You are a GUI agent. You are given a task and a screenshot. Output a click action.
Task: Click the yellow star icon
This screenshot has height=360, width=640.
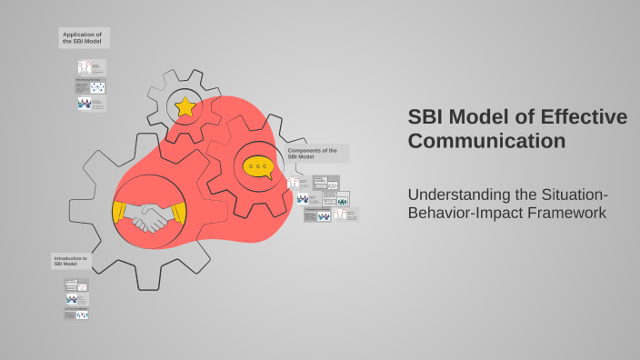[185, 107]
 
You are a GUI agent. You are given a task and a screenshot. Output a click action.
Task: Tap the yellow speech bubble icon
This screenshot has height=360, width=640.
[258, 167]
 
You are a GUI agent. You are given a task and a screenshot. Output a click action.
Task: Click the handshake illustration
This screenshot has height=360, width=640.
[149, 215]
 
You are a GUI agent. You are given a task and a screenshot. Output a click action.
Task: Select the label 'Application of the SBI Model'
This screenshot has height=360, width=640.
[84, 37]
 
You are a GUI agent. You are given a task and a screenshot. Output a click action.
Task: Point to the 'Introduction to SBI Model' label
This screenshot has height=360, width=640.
[72, 261]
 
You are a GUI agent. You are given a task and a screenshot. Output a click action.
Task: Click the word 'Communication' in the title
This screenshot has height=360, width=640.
[486, 142]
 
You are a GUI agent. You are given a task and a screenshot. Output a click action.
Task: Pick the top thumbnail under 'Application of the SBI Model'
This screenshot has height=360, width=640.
[91, 67]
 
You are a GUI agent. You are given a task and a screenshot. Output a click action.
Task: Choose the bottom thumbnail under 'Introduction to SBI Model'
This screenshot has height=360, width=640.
[76, 314]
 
